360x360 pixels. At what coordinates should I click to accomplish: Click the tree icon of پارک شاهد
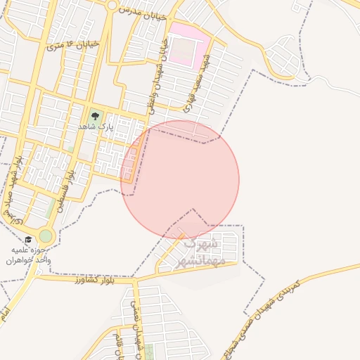click(94, 115)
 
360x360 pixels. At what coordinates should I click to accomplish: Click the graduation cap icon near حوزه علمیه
click(28, 240)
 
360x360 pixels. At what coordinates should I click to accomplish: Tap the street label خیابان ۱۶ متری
click(73, 45)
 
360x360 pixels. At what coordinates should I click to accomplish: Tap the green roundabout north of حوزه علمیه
click(46, 236)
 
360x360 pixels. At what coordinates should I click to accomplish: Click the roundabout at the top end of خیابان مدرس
click(112, 5)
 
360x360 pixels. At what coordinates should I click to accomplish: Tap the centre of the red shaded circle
click(180, 179)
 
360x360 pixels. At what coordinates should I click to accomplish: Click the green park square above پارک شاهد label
click(94, 115)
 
